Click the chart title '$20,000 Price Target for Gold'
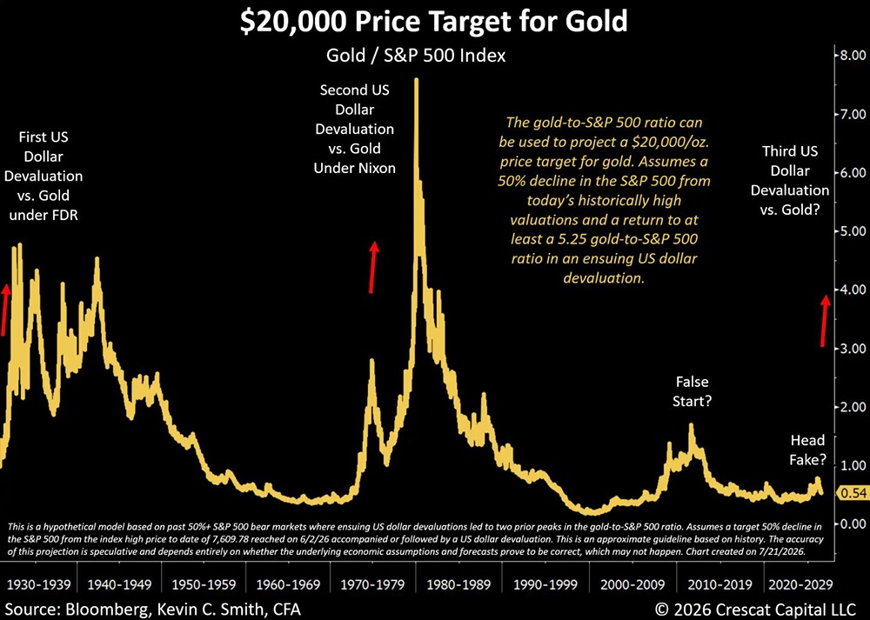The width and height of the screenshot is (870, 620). [x=434, y=20]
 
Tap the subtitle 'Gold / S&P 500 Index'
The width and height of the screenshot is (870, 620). [x=416, y=56]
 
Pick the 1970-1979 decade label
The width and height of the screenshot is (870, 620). [x=372, y=584]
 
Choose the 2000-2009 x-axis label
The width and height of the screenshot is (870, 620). [x=632, y=584]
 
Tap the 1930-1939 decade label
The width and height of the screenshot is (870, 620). [x=38, y=584]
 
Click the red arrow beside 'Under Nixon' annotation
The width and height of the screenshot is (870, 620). [x=374, y=267]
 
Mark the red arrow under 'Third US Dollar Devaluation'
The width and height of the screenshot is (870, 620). [x=825, y=321]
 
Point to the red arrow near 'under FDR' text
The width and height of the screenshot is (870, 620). [x=4, y=310]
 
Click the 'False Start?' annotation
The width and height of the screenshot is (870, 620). [x=692, y=391]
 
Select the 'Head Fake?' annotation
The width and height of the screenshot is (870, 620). [x=807, y=450]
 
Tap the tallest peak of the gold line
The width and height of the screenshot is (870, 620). [x=416, y=79]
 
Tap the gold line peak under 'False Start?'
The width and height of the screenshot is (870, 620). [x=691, y=425]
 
